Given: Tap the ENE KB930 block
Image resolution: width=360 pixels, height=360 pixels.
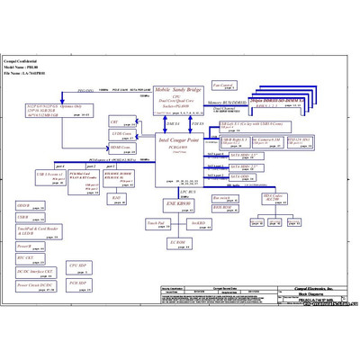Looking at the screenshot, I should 175,203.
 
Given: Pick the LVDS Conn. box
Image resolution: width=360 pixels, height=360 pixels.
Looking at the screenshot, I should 121,133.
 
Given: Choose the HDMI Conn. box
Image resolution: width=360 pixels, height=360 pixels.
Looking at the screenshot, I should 121,148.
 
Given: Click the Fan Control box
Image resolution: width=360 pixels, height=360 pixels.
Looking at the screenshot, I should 224,85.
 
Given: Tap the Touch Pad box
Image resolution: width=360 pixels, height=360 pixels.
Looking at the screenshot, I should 155,222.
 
